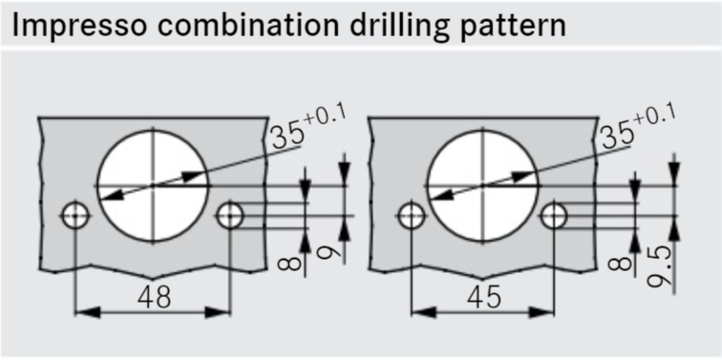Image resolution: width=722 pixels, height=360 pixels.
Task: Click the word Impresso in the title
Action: tap(78, 26)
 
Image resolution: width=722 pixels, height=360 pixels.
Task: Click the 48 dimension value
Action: tap(155, 297)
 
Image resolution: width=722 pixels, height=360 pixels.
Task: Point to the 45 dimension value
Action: tap(483, 298)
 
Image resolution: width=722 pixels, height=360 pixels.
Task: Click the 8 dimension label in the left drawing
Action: tap(289, 264)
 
